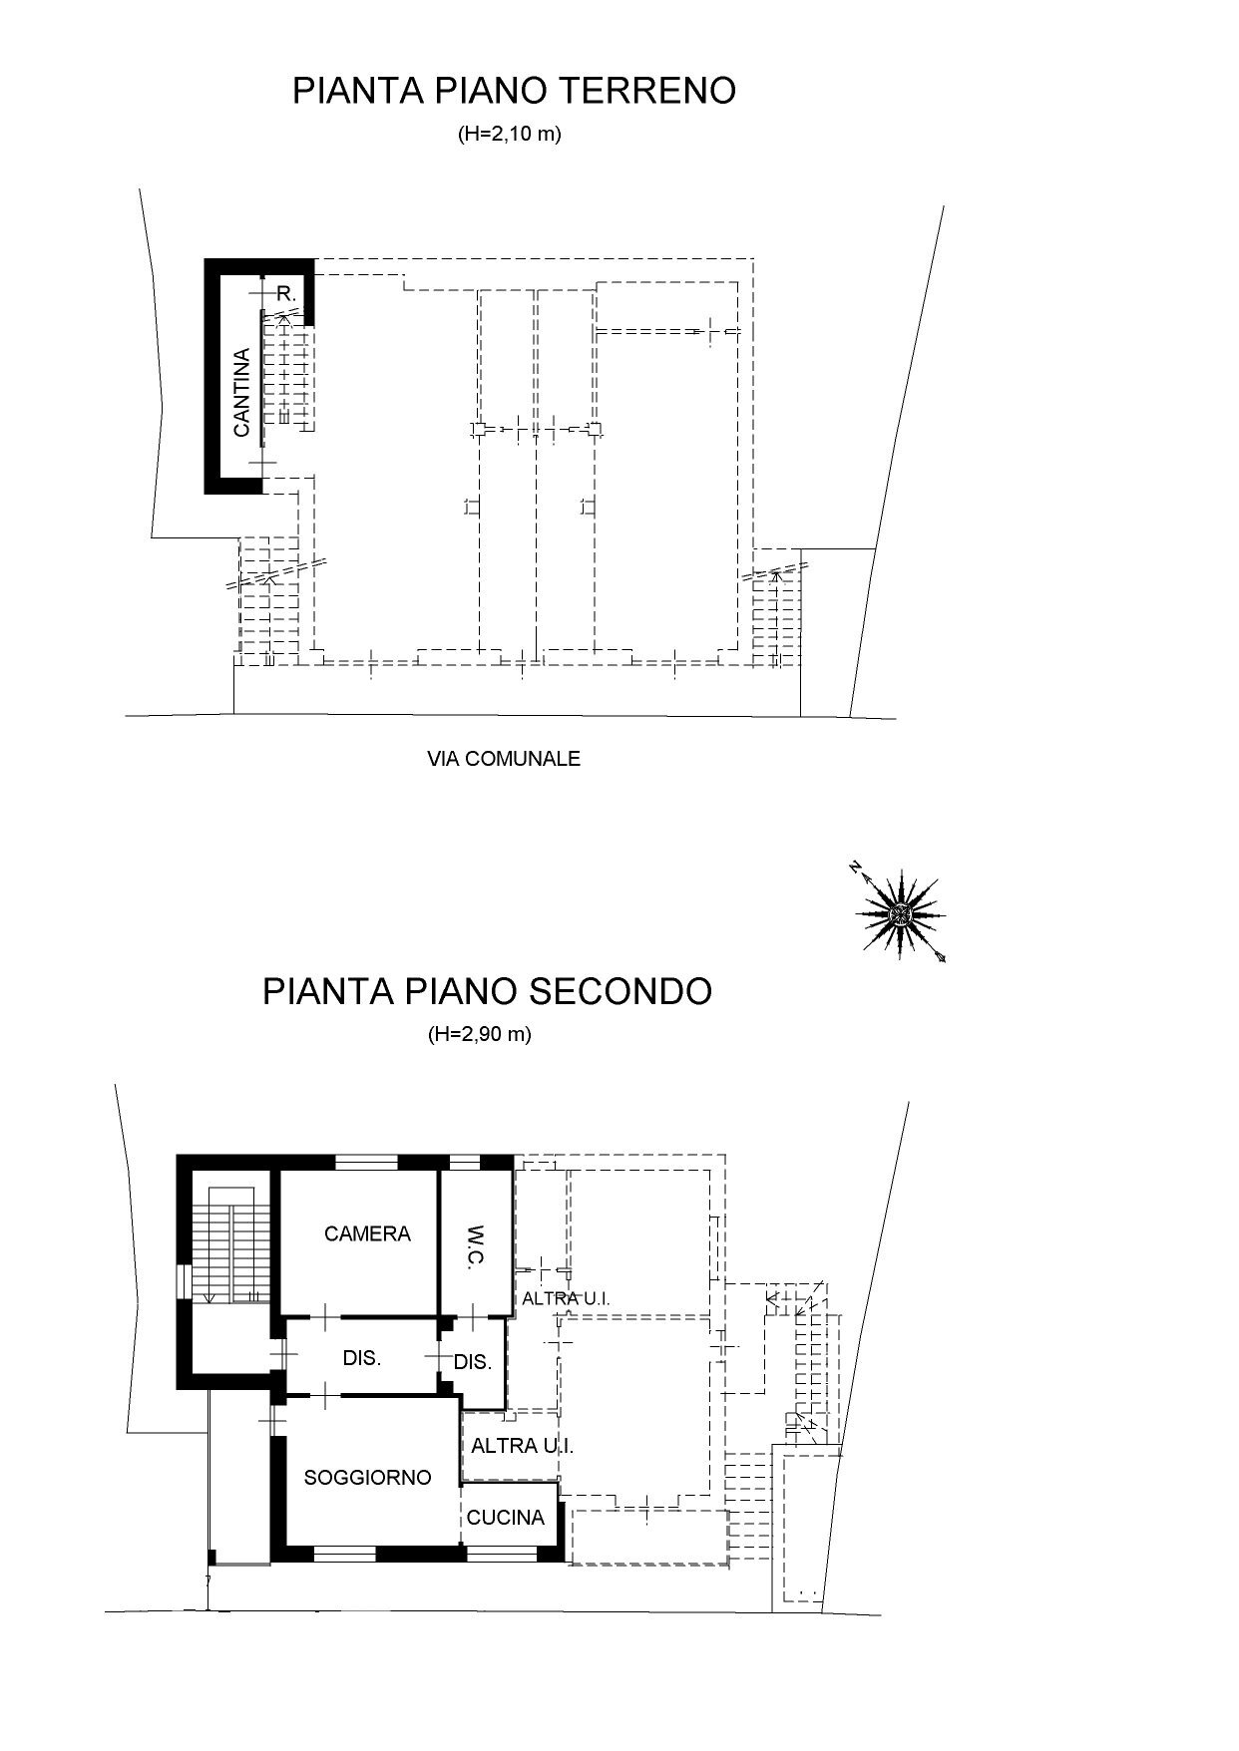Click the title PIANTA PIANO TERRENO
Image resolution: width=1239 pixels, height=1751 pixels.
(514, 91)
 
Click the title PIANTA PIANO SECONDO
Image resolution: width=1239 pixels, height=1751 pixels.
(487, 992)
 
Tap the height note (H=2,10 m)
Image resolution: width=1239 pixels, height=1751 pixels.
(509, 134)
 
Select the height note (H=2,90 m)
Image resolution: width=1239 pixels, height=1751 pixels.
(479, 1035)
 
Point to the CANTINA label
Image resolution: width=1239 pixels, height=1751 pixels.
(241, 392)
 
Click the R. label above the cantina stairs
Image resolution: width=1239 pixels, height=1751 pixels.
(286, 294)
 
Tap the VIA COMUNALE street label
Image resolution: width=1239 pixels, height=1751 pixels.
(504, 759)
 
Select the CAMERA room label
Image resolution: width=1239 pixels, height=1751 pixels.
(367, 1234)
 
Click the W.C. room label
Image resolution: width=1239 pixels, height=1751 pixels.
(475, 1246)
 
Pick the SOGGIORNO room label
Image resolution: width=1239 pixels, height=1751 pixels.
(367, 1478)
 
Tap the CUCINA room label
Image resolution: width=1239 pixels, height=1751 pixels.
(506, 1518)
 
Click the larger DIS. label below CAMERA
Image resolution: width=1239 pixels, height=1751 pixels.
(361, 1359)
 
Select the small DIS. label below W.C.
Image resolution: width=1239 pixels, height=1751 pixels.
(473, 1363)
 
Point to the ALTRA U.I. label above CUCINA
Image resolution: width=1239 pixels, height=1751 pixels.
(522, 1446)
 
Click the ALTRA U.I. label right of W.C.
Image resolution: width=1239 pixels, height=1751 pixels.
(566, 1299)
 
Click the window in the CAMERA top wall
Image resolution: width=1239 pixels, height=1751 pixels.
(366, 1162)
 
